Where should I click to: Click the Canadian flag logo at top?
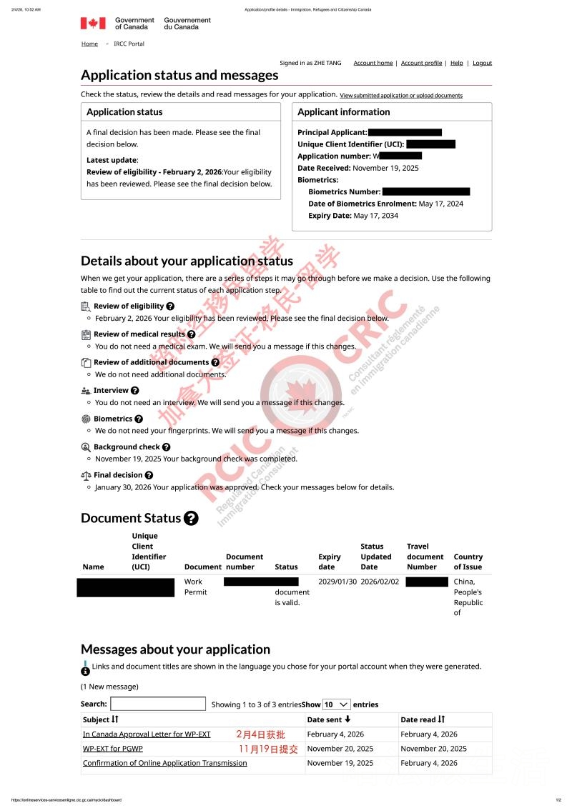(93, 24)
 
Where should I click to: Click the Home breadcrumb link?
(89, 44)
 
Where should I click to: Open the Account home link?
(373, 63)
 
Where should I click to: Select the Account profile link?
(421, 63)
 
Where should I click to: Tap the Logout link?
(483, 63)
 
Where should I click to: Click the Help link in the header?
(456, 63)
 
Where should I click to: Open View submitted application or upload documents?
(401, 96)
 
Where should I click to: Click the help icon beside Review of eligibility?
(170, 306)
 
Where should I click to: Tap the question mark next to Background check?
(166, 447)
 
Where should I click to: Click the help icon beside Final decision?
(149, 475)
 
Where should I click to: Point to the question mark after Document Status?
(191, 519)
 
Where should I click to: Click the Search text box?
(158, 704)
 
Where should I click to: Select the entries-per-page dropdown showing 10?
(336, 704)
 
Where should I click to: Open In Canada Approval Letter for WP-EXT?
(147, 734)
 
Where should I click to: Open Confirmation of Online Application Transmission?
(165, 763)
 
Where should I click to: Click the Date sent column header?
(329, 719)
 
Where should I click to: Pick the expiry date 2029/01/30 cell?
(337, 582)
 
